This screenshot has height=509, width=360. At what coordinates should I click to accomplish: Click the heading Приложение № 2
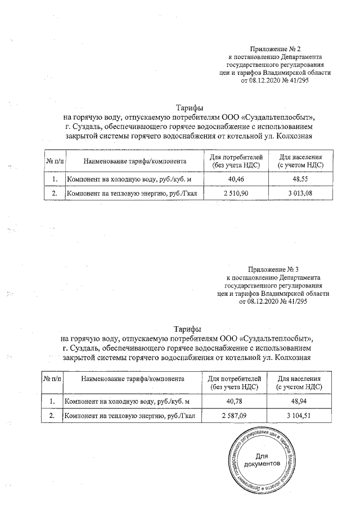[x=279, y=50]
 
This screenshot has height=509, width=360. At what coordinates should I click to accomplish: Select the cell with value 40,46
[x=232, y=180]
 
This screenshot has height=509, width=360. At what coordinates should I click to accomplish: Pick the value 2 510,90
[x=232, y=194]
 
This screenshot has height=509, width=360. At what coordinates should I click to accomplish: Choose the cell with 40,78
[x=232, y=401]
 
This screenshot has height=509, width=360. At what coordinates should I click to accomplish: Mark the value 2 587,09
[x=232, y=416]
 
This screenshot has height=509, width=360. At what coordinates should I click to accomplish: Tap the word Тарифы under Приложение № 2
[x=189, y=108]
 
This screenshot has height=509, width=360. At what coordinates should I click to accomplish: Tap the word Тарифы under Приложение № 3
[x=187, y=329]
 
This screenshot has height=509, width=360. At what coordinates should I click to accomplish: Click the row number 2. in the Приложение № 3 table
[x=52, y=416]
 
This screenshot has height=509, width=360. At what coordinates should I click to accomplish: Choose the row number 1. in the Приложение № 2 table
[x=55, y=180]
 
